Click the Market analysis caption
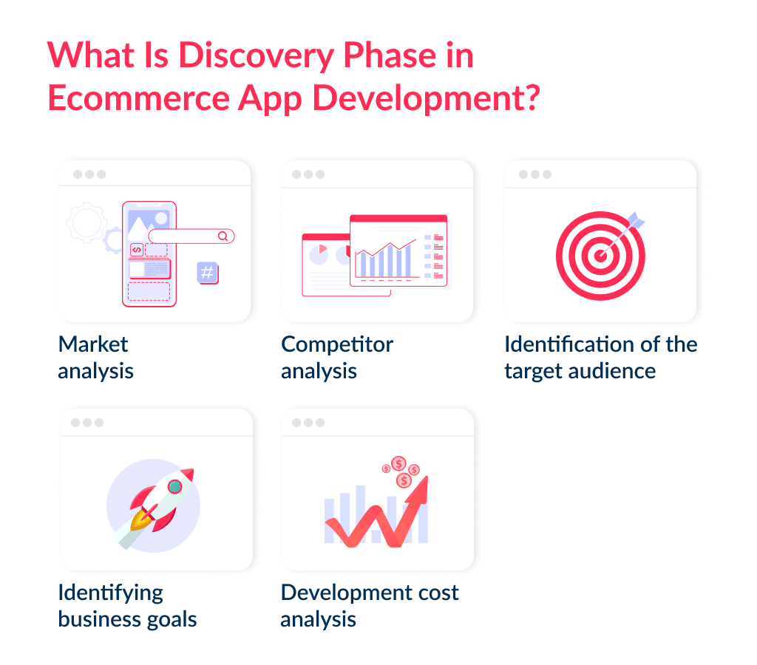[95, 357]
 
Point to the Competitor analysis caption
[336, 357]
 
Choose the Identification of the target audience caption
[600, 357]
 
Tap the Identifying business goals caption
[127, 605]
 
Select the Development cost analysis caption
[369, 605]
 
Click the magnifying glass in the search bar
[223, 236]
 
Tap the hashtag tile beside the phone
[208, 273]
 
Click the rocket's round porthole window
[174, 485]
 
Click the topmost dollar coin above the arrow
[398, 463]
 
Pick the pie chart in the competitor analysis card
[319, 254]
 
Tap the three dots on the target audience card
[534, 174]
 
